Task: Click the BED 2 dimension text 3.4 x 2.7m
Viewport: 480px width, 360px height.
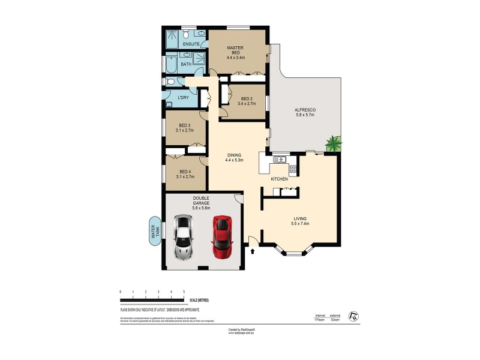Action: click(x=246, y=104)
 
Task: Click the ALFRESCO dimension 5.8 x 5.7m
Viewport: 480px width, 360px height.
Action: click(x=305, y=116)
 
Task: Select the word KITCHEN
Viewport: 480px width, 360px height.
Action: click(x=279, y=179)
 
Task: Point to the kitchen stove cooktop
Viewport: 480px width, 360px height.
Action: click(x=293, y=168)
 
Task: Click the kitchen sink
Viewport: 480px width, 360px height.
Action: click(x=278, y=159)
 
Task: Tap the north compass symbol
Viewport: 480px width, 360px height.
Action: click(x=355, y=316)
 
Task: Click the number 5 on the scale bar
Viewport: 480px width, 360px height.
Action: click(x=184, y=292)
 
